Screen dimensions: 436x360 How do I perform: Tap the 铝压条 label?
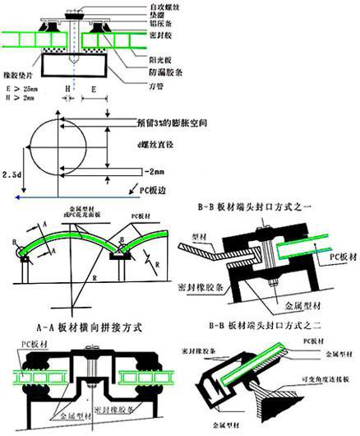(156, 26)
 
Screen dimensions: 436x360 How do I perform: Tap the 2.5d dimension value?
(11, 175)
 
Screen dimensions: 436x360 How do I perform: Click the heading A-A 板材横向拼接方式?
(90, 326)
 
